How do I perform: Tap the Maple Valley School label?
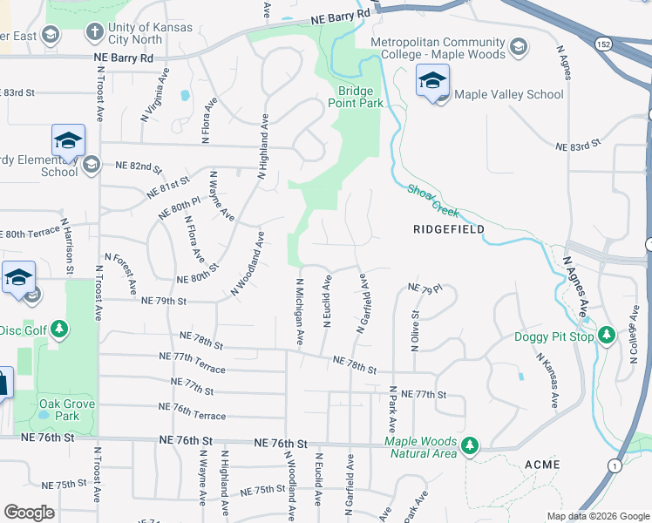[x=509, y=94]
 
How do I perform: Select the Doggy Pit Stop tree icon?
[x=608, y=335]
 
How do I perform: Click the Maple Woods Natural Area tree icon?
[x=470, y=446]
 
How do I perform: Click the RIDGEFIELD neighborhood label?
[x=447, y=228]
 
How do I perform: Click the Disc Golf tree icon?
[x=58, y=329]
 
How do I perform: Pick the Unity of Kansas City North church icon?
[x=93, y=33]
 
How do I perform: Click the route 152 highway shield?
[x=605, y=44]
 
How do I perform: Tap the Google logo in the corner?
[x=29, y=513]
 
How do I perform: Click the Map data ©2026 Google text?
[x=597, y=515]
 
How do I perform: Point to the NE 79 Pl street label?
[x=425, y=288]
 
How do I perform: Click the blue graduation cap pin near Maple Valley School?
[x=431, y=82]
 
